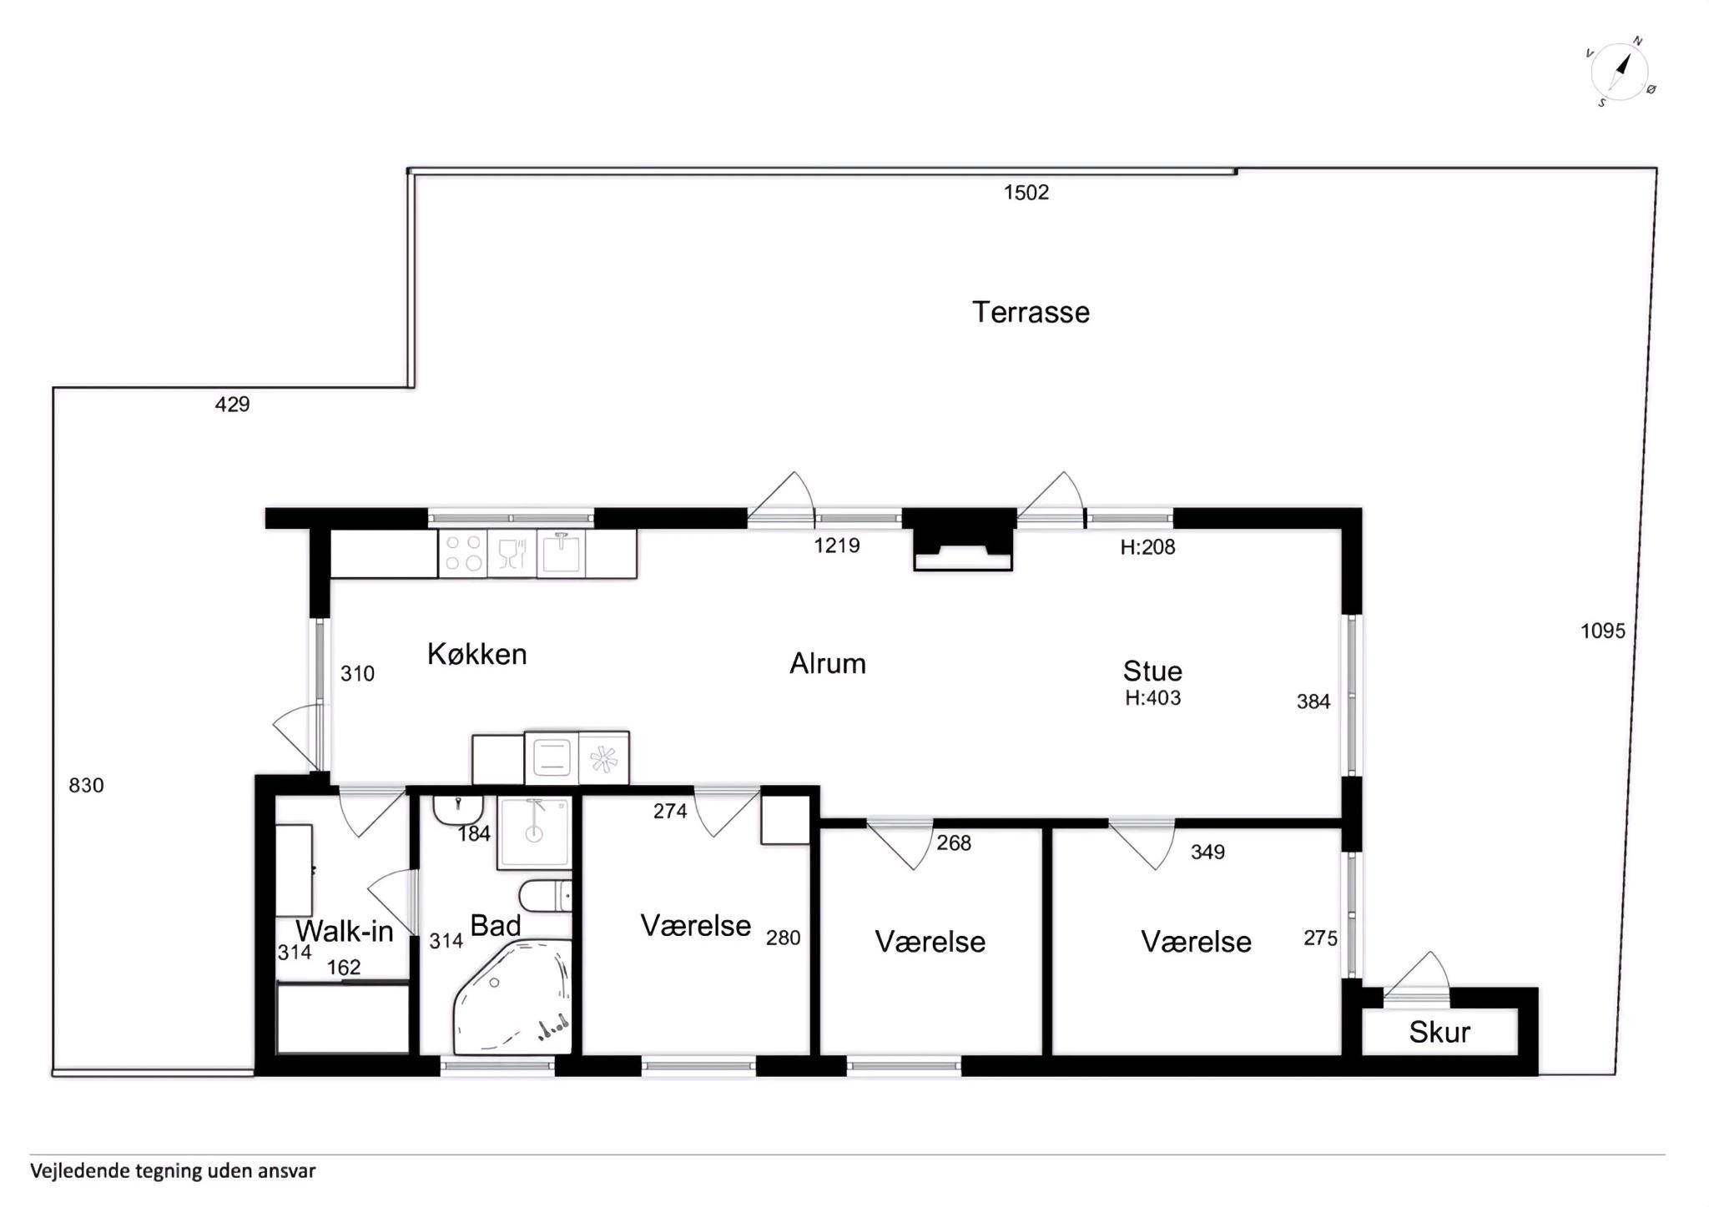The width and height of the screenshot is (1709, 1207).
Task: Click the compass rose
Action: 1620,73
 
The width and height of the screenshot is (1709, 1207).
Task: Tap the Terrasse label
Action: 1031,312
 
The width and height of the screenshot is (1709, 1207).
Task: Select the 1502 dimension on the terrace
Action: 1026,193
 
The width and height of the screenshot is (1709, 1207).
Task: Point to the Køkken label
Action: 476,654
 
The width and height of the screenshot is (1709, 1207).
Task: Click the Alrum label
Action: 828,663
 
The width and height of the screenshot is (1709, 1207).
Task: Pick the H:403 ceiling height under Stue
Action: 1152,698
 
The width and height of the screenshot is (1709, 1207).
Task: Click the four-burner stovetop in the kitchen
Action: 463,552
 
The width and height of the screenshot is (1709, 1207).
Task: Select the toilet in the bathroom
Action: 545,897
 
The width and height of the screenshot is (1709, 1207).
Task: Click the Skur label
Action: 1439,1033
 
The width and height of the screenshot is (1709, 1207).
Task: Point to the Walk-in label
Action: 344,931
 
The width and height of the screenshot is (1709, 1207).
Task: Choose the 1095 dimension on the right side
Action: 1603,631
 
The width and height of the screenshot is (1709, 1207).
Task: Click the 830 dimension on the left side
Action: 86,785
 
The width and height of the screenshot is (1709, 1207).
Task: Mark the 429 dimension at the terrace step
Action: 232,405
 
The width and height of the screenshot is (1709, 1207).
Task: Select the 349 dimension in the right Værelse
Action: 1207,852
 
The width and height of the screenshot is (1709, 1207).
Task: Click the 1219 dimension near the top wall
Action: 837,546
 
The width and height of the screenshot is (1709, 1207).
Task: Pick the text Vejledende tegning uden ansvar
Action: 173,1171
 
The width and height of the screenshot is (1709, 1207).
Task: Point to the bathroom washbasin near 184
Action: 457,809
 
